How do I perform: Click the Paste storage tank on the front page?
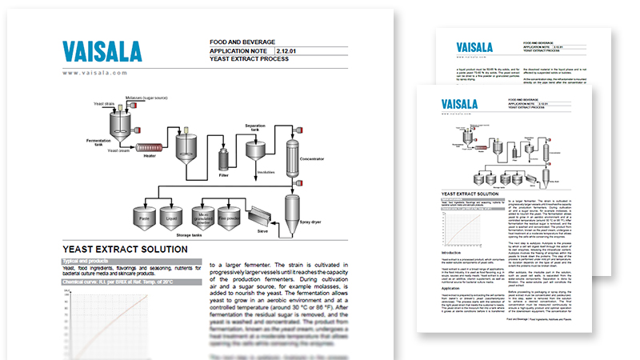tap(144, 218)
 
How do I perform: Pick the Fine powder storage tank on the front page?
tap(234, 218)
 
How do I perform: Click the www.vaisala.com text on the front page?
tap(94, 73)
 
